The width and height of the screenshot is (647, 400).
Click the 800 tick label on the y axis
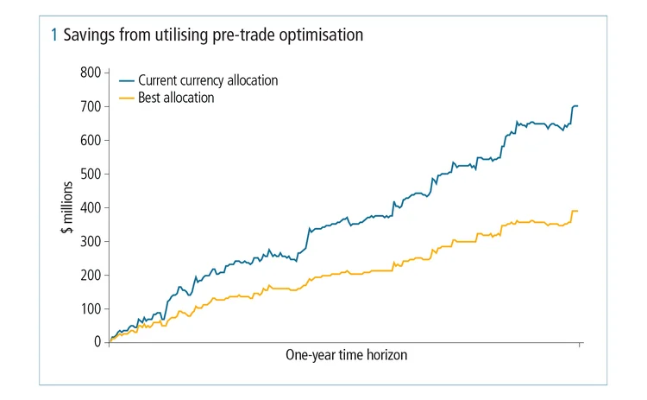[x=90, y=73]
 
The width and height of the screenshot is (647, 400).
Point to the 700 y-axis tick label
[x=90, y=106]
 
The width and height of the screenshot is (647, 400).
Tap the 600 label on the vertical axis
[x=90, y=140]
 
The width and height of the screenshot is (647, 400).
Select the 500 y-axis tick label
[x=90, y=174]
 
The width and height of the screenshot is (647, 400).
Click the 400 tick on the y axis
[x=90, y=207]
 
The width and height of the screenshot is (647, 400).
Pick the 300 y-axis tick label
[x=90, y=241]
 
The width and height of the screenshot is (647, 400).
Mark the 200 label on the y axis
[x=90, y=275]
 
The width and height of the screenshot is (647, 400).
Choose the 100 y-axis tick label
[x=90, y=308]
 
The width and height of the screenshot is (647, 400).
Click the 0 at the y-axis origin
[x=97, y=342]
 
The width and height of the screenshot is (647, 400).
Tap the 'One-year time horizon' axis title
[x=345, y=355]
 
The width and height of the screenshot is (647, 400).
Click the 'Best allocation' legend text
[x=176, y=98]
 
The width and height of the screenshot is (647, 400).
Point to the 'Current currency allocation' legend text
[x=208, y=80]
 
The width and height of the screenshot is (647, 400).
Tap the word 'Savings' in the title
[x=87, y=35]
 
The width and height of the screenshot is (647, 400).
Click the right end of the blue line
[x=577, y=106]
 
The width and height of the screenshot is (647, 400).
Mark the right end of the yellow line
[x=577, y=211]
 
